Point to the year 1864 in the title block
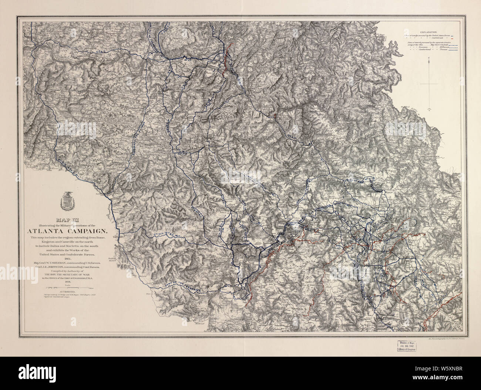65,259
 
